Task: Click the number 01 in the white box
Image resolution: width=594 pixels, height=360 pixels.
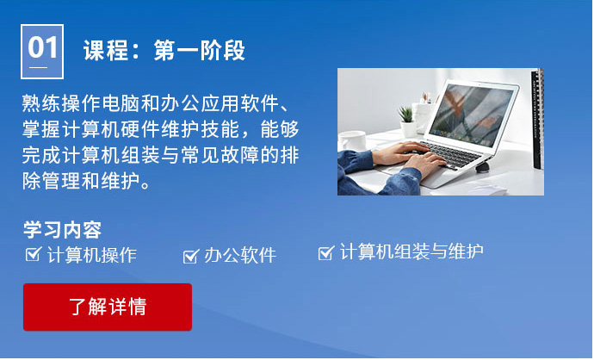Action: coord(42,47)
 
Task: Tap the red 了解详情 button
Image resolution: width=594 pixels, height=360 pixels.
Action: coord(108,307)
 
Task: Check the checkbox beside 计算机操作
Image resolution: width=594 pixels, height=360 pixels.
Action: coord(34,254)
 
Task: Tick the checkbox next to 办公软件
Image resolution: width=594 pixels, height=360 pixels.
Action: coord(191,255)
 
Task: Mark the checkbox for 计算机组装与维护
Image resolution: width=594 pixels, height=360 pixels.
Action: coord(325,252)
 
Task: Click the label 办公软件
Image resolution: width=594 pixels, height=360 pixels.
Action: coord(239,255)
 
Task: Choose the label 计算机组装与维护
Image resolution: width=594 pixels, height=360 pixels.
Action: coord(411,251)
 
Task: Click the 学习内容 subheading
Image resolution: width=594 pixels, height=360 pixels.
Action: coord(62,230)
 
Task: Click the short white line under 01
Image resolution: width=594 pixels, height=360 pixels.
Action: coord(39,66)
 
